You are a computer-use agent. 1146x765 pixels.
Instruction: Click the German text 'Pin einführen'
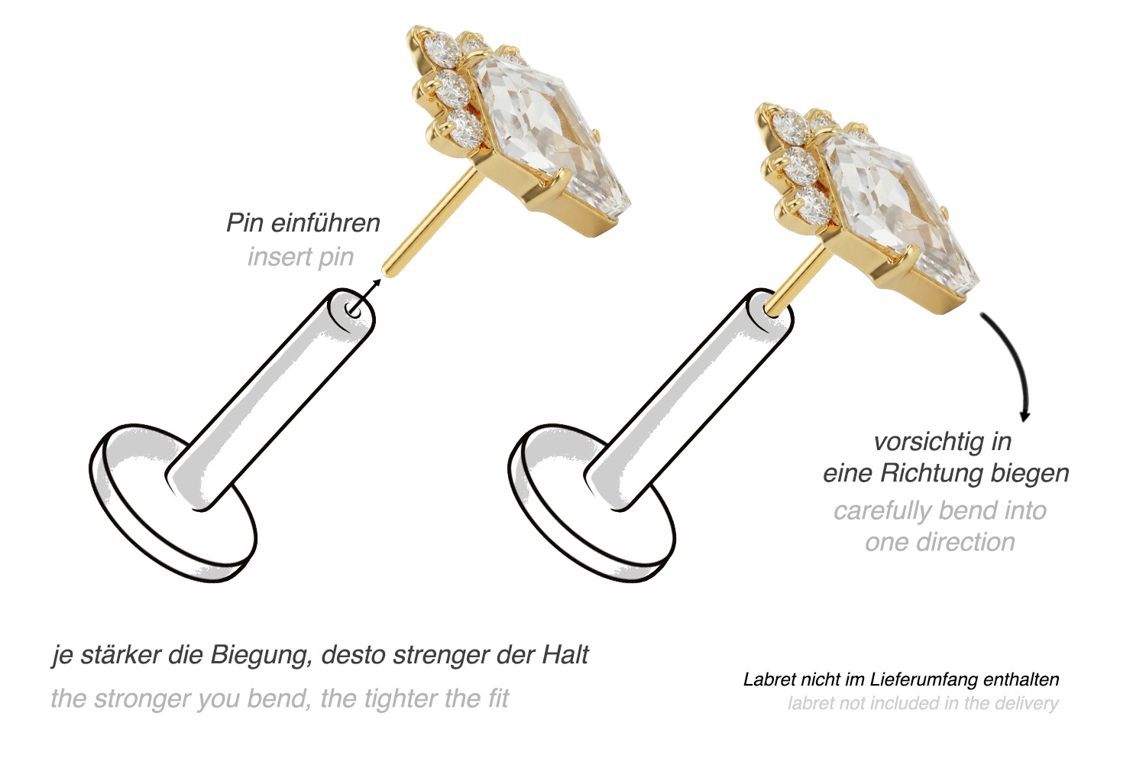point(303,223)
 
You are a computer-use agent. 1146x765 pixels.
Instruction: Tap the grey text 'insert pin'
point(301,257)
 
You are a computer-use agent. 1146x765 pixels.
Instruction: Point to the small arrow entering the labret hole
point(365,295)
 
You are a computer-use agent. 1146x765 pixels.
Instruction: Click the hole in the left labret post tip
point(352,309)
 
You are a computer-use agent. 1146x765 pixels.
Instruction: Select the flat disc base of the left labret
point(173,504)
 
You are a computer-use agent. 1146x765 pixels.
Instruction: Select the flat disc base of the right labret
point(591,504)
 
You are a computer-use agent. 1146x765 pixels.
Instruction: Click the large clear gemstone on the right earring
point(898,210)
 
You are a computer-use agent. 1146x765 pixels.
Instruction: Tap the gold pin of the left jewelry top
point(432,223)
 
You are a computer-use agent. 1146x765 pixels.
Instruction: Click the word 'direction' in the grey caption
point(969,542)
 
